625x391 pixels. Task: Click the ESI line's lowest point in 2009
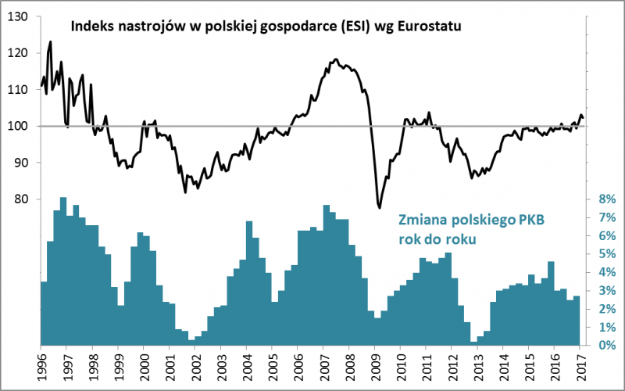coord(379,207)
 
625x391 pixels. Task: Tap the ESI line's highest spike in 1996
coord(51,41)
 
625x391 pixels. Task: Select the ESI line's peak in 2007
coord(335,59)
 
